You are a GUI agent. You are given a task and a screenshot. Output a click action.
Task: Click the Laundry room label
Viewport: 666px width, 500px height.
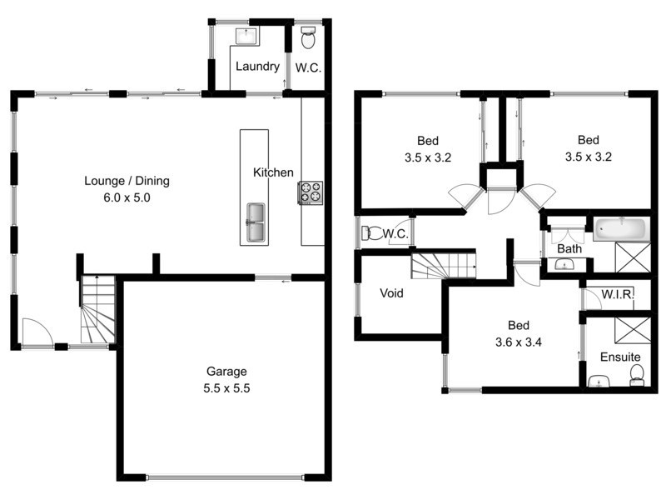coord(256,67)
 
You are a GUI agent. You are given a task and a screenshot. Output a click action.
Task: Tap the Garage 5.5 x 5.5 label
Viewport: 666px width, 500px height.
coord(227,380)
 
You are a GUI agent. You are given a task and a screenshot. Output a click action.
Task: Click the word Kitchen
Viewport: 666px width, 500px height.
coord(273,172)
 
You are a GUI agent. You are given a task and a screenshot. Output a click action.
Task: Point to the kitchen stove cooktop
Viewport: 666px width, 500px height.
coord(311,192)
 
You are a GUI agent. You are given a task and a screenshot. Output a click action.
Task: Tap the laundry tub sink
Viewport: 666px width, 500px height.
coord(247,35)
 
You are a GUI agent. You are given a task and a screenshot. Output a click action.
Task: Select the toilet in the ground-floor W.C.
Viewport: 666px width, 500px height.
coord(307,37)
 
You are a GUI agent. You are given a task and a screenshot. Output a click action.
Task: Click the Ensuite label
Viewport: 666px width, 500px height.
coord(620,357)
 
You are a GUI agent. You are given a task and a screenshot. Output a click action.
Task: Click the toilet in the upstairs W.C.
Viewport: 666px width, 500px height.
coord(374,233)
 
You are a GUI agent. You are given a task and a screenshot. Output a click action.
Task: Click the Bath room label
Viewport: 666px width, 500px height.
coord(569,248)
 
